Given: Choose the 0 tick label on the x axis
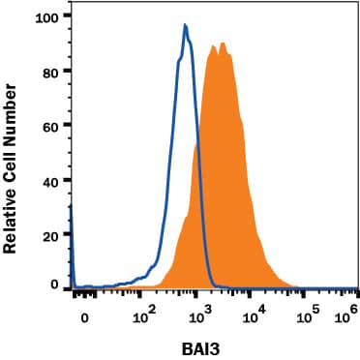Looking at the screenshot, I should pos(85,316).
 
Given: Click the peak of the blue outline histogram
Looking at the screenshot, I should pos(184,26).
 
